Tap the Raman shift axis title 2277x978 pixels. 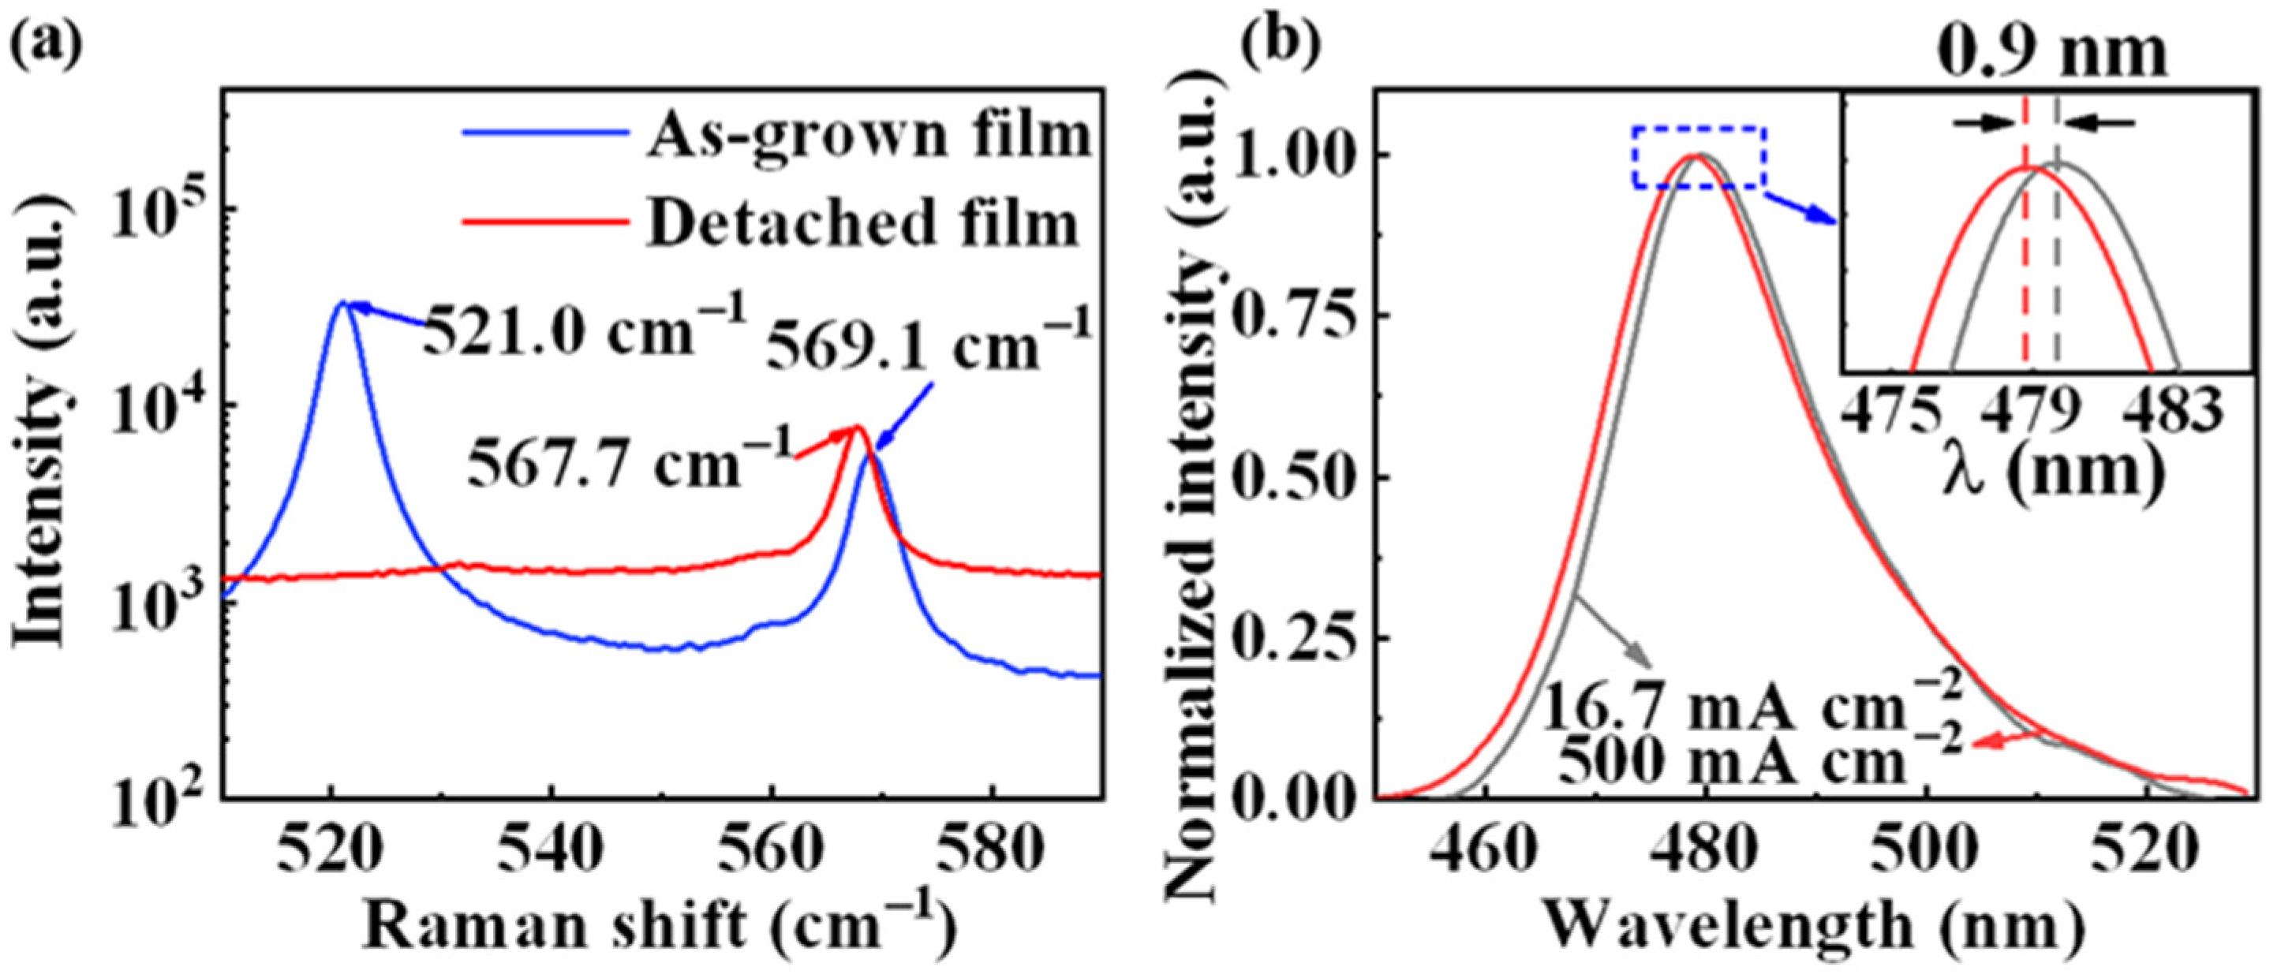[x=659, y=928]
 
